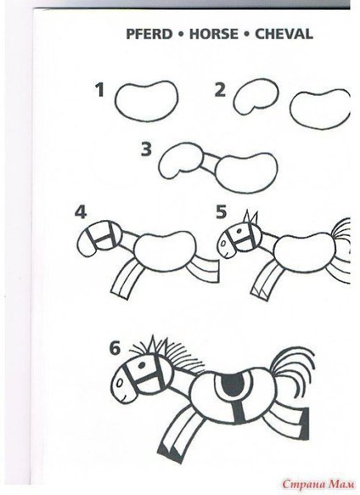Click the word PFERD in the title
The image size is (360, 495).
tap(149, 34)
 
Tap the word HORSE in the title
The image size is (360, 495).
tap(214, 34)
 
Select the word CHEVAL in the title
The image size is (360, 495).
tap(284, 34)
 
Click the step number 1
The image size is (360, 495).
tap(100, 90)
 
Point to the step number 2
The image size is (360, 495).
tap(220, 90)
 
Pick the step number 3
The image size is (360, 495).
tap(146, 149)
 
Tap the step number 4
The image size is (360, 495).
tap(81, 212)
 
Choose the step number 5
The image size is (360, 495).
tap(221, 212)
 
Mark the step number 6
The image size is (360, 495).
tap(115, 348)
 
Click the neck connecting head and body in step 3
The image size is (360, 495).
tap(210, 162)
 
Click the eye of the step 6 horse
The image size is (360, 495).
tap(141, 365)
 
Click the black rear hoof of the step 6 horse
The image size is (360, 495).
tap(305, 423)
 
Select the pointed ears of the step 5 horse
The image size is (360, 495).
tap(250, 218)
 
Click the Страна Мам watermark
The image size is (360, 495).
tap(319, 483)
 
